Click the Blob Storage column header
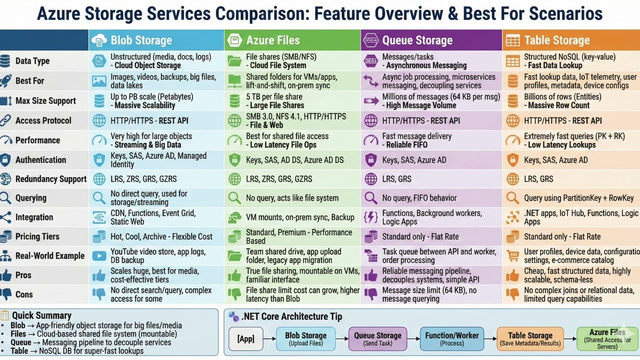click(141, 40)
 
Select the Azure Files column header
click(272, 40)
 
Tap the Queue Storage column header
click(417, 40)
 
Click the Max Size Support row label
click(45, 100)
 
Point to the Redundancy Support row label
click(51, 179)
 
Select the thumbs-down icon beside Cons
click(6, 294)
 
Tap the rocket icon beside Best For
click(6, 80)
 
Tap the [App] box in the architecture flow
click(246, 339)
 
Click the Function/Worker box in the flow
click(452, 339)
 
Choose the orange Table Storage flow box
click(530, 339)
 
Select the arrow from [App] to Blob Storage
click(270, 339)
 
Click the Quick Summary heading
click(41, 315)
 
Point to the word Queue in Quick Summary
click(21, 342)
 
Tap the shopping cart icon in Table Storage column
click(512, 255)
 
